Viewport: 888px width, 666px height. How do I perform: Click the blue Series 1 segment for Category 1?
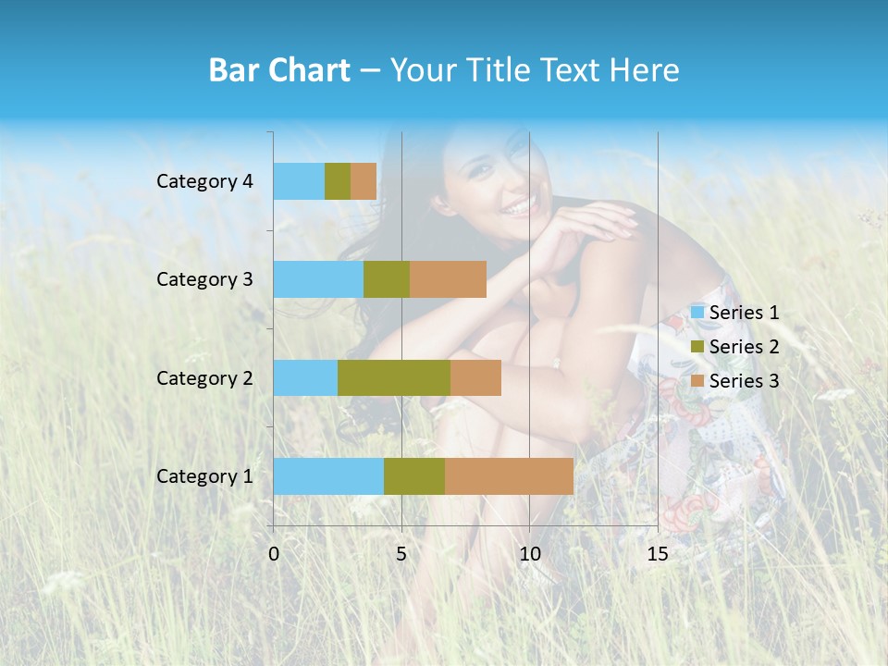pos(328,475)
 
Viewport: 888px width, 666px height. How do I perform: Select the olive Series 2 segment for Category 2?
pos(394,377)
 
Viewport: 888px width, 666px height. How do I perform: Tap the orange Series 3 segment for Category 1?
pos(509,475)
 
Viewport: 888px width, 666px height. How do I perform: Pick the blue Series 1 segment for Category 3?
pos(318,279)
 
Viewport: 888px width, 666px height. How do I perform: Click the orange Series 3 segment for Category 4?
pos(364,181)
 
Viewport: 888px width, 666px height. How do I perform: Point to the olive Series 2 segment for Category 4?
pos(338,181)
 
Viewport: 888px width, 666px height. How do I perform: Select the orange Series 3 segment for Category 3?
pos(448,279)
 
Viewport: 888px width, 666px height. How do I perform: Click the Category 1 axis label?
pos(204,476)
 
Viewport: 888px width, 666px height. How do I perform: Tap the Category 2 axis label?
pos(204,378)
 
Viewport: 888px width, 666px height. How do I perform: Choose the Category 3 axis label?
pos(204,279)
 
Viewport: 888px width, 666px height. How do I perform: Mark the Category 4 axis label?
pos(204,181)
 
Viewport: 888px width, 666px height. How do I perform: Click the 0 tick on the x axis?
pos(274,554)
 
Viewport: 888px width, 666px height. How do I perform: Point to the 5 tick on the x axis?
pos(401,554)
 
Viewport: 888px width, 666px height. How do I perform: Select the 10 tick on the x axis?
pos(529,554)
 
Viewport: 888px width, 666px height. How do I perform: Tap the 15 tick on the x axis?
pos(658,554)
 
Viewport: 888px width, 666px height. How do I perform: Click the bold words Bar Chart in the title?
pos(279,70)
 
